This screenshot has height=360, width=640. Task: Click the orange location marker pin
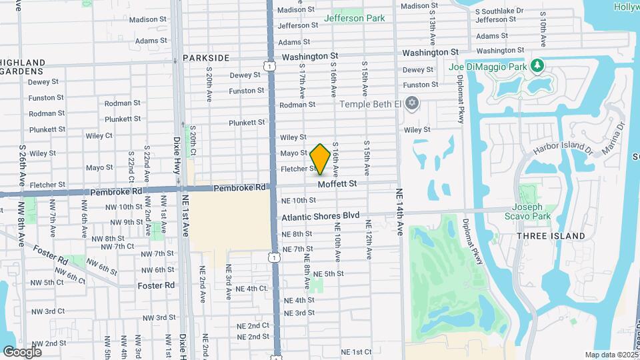click(x=320, y=159)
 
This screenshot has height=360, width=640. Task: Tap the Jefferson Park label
click(x=353, y=18)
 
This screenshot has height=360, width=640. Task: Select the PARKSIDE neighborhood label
click(x=205, y=58)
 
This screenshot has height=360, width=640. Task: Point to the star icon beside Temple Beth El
click(x=412, y=103)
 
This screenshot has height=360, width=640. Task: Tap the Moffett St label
click(x=337, y=183)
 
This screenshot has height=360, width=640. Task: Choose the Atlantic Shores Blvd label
click(x=320, y=216)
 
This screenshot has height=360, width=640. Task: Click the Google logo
click(x=22, y=351)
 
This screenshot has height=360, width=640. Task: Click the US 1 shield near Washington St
click(x=267, y=65)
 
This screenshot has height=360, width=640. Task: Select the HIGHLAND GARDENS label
click(x=23, y=67)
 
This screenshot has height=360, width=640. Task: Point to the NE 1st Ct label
click(x=356, y=351)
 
